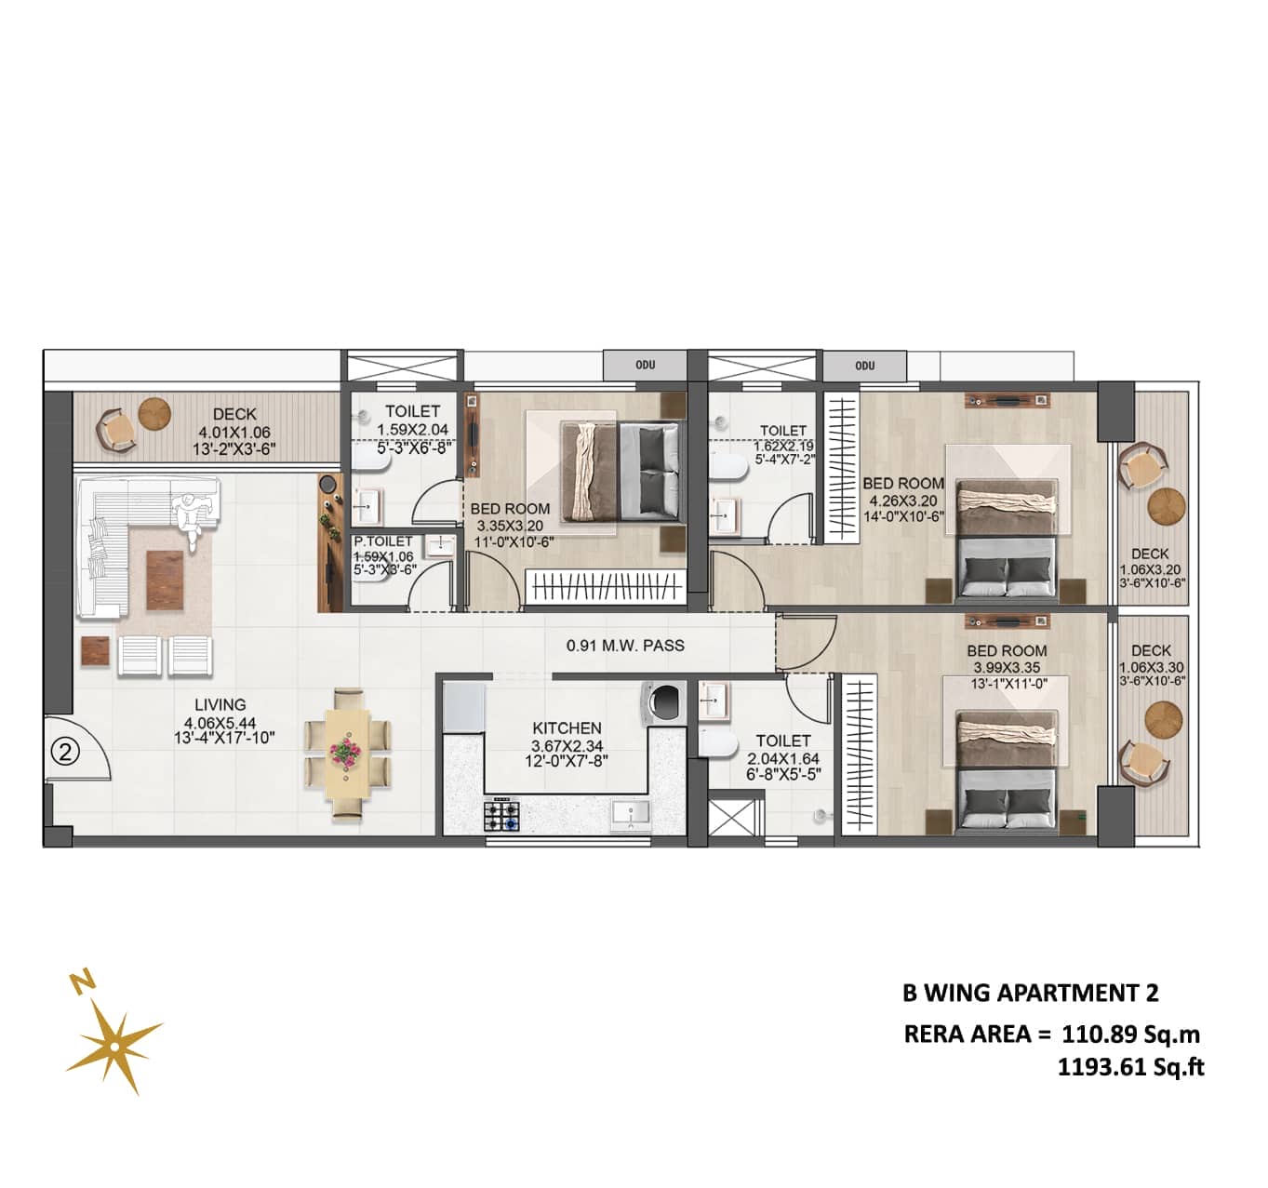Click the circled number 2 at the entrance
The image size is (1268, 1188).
(64, 752)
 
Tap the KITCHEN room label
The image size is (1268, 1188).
(567, 728)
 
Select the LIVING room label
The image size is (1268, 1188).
(220, 705)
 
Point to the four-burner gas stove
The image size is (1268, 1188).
(501, 814)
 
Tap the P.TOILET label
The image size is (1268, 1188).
(383, 541)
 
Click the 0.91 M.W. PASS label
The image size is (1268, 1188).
(625, 645)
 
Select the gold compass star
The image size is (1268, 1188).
(113, 1048)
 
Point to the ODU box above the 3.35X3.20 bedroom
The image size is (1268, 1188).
(645, 366)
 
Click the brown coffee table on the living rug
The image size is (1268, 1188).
(166, 581)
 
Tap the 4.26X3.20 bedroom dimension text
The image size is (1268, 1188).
(902, 501)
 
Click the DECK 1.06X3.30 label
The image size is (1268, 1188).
(1151, 666)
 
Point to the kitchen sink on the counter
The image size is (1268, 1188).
(631, 814)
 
